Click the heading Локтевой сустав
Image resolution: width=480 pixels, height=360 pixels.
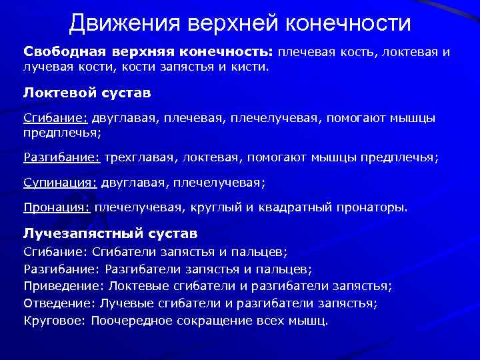pos(87,91)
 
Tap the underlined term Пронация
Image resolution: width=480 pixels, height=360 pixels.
pos(57,207)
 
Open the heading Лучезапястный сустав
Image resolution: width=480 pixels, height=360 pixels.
pos(111,234)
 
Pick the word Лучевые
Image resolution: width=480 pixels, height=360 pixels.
pos(122,303)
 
